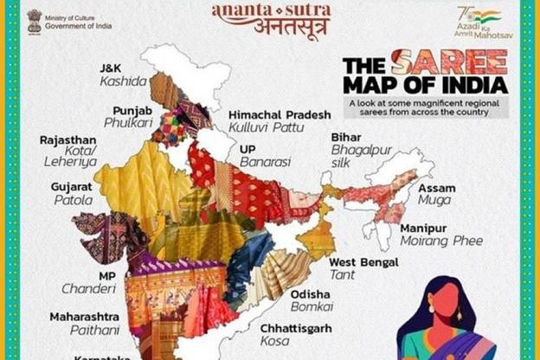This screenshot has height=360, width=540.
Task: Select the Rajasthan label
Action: tap(68, 138)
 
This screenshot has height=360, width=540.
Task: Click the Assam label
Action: tap(436, 188)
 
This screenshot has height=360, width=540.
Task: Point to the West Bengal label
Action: tap(363, 261)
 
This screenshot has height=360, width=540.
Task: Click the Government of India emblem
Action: tap(35, 21)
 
